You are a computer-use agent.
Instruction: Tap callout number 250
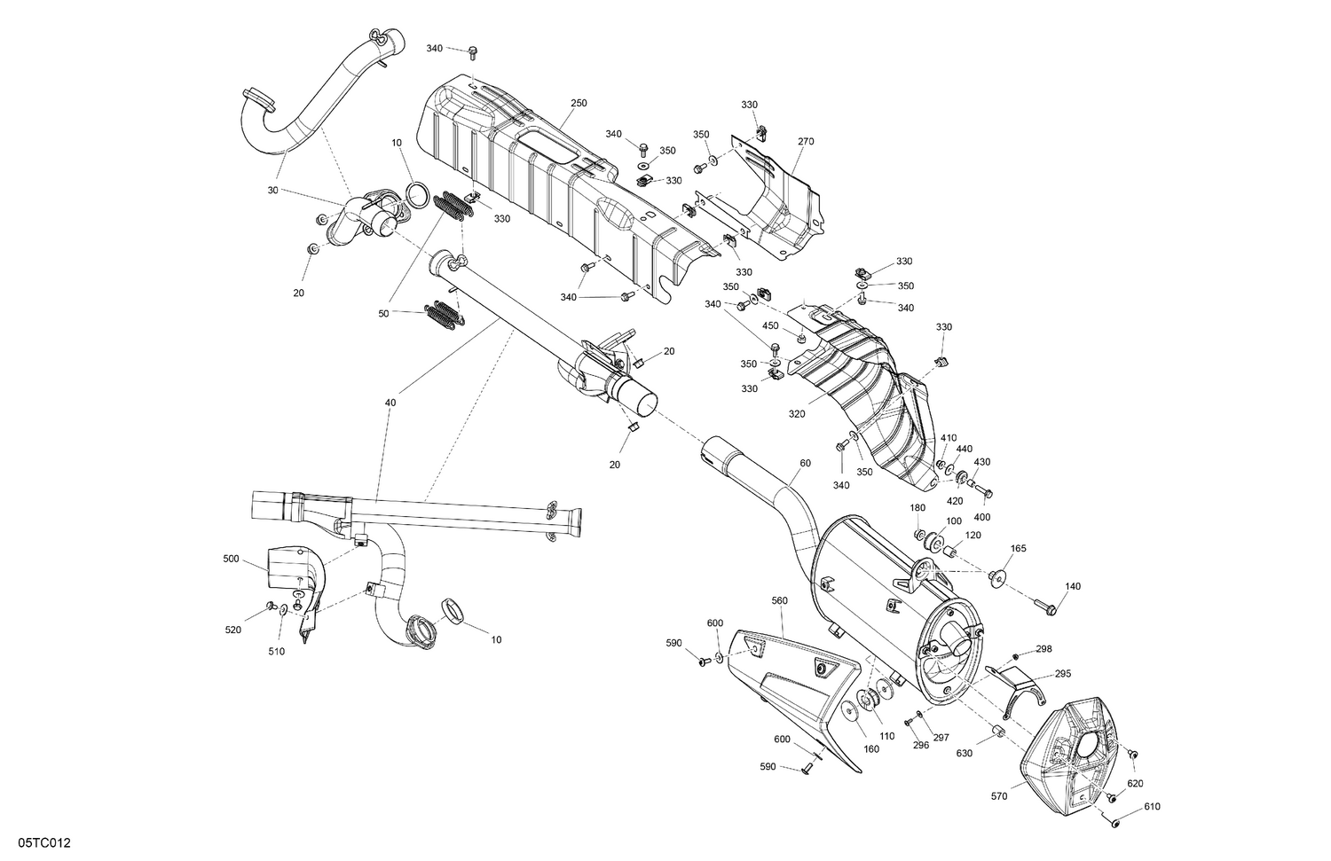click(579, 104)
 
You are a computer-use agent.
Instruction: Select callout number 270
click(806, 142)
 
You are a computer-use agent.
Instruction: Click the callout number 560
click(779, 600)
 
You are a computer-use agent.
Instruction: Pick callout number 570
click(999, 797)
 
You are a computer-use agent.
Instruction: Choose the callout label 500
click(231, 560)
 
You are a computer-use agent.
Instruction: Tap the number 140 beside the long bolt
click(1073, 587)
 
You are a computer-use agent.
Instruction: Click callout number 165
click(1018, 549)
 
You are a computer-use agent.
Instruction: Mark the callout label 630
click(965, 754)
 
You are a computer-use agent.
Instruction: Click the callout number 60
click(805, 463)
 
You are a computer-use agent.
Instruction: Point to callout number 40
click(390, 403)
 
